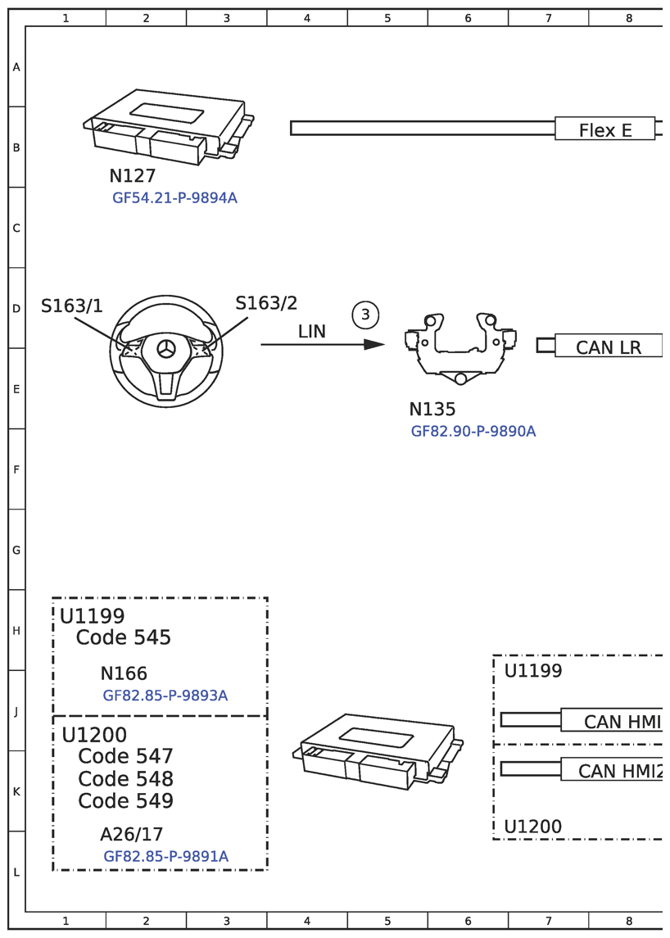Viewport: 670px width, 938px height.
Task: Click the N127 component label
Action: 132,176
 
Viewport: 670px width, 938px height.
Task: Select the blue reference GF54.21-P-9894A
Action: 174,198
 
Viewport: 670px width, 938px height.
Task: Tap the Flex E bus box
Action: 605,129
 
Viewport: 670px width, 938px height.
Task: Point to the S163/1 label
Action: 72,306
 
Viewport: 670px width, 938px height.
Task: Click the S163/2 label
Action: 266,303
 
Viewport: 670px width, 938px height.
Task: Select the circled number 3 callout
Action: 365,315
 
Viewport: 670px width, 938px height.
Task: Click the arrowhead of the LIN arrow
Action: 374,345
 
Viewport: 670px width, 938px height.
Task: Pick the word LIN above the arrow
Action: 312,332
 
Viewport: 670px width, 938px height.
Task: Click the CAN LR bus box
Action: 609,347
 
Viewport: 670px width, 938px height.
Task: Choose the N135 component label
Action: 432,410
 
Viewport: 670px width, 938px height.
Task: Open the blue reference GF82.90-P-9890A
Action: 473,432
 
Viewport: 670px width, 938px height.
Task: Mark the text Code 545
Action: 124,637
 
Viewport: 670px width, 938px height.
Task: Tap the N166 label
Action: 124,673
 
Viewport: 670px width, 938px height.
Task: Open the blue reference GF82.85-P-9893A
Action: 165,696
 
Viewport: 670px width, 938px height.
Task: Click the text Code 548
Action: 126,778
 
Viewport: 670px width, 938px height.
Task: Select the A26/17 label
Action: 132,835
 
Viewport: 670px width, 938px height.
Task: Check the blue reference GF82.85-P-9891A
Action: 165,857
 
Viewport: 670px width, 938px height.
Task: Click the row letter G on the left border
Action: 16,551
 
